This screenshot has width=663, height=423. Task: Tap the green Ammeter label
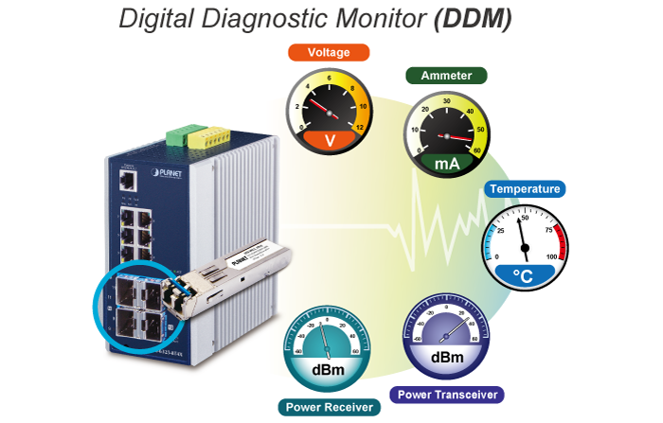pos(445,75)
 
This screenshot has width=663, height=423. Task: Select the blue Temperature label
pos(524,188)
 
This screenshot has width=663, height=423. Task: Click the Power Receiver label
pos(330,407)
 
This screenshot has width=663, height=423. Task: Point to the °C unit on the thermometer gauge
pos(523,274)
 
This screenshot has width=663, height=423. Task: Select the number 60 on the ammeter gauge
pos(476,149)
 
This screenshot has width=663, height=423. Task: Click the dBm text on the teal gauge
pos(329,370)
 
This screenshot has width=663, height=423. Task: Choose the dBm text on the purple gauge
pos(447,357)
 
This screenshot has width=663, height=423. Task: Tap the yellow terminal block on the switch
pos(204,136)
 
